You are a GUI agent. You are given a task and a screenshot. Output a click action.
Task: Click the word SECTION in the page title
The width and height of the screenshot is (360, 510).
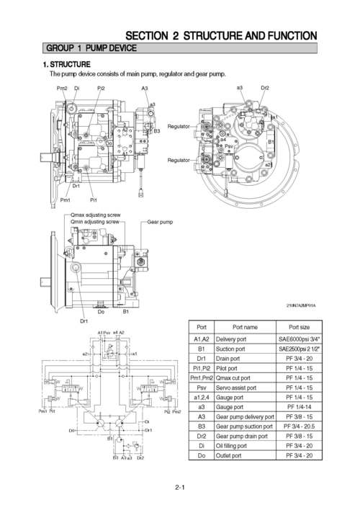click(x=148, y=35)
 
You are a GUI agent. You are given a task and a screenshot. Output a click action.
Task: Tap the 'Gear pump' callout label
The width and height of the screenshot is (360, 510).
click(x=160, y=222)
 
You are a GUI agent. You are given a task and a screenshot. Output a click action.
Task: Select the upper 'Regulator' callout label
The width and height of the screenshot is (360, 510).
click(x=179, y=126)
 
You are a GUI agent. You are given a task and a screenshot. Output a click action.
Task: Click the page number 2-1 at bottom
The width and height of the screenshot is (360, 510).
click(x=180, y=488)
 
